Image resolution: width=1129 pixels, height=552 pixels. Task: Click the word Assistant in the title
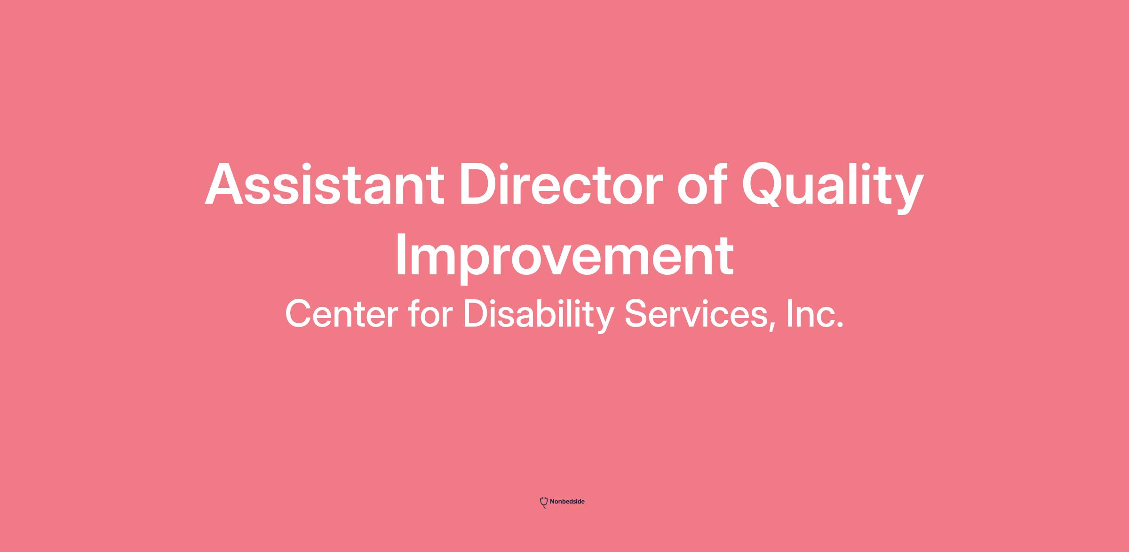(x=325, y=184)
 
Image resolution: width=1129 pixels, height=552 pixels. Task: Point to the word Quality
(x=833, y=187)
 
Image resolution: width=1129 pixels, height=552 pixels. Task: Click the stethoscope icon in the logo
(x=544, y=503)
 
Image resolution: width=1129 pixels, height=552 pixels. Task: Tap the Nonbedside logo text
(x=567, y=502)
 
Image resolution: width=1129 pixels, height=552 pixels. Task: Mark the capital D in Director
(x=480, y=184)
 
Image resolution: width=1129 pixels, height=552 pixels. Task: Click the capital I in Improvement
(x=401, y=256)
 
